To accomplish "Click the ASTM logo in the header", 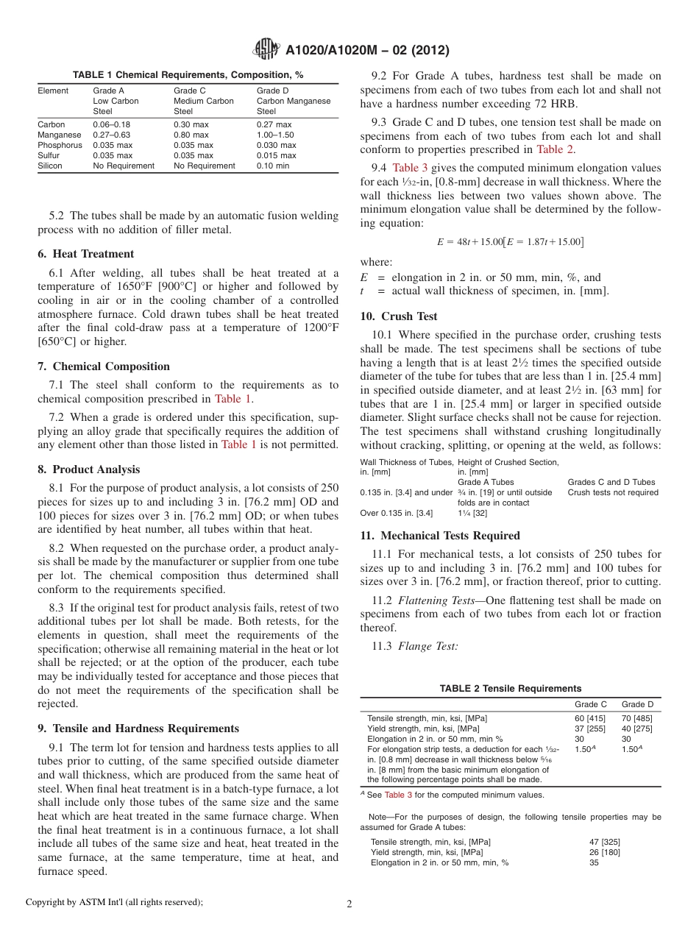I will [266, 49].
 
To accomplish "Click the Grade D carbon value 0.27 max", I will [274, 124].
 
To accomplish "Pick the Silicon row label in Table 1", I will [51, 166].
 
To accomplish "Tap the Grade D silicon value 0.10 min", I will [273, 166].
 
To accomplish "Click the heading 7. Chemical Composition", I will [110, 366].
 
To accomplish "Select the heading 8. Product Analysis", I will [96, 469].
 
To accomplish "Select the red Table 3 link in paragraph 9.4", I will [405, 169].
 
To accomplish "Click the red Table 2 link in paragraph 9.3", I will [556, 149].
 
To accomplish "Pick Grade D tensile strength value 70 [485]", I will [637, 717].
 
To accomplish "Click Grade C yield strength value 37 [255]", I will [590, 728].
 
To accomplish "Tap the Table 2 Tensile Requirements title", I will [510, 689].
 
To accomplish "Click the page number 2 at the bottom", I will [349, 904].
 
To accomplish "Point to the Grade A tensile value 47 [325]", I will [605, 841].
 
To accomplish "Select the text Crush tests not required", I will [612, 492].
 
